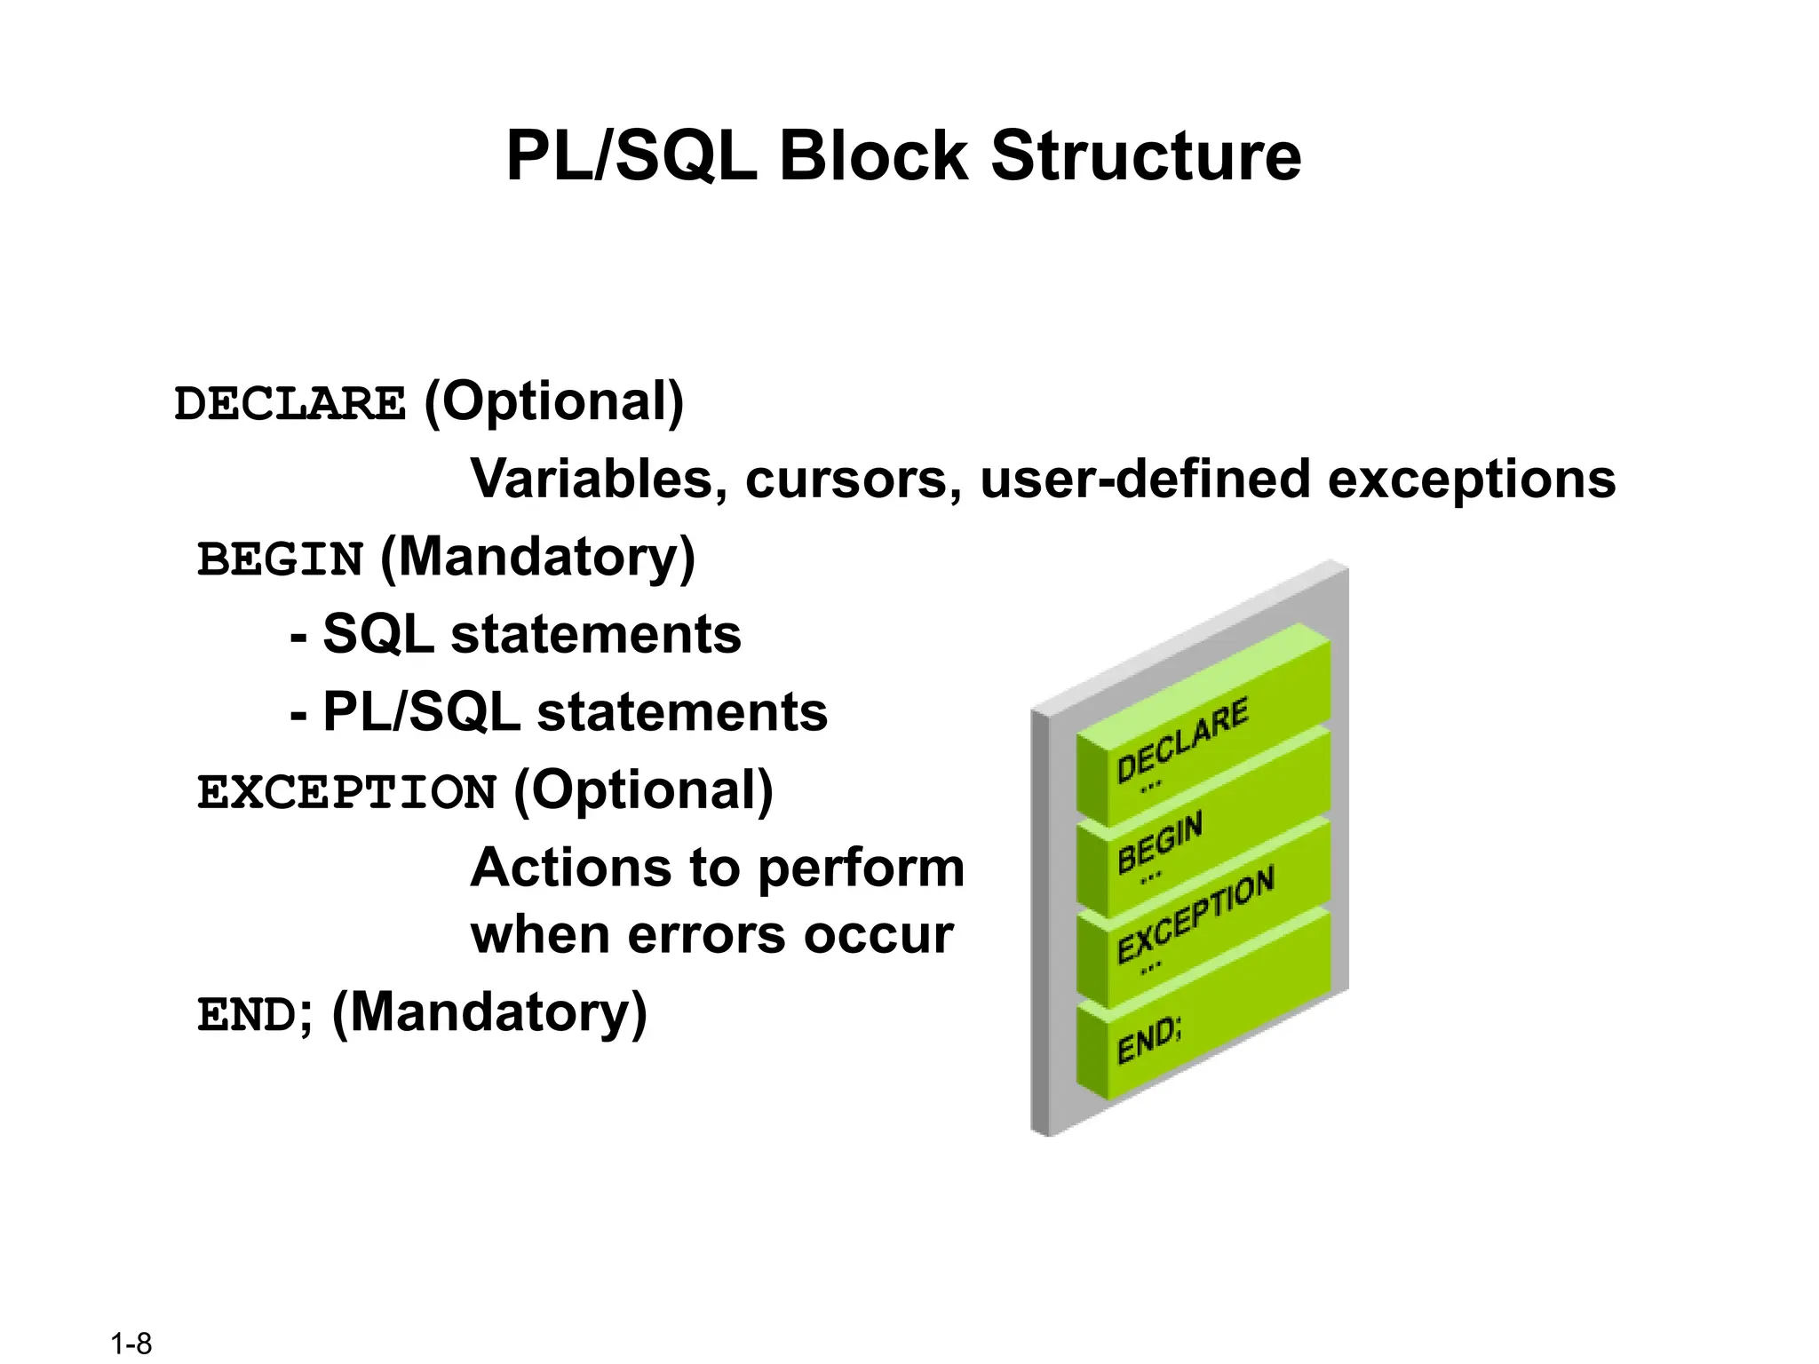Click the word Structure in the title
coord(1146,157)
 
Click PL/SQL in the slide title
coord(631,157)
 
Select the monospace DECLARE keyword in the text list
coord(290,404)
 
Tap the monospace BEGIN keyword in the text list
coord(280,560)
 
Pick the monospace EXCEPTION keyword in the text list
coord(346,792)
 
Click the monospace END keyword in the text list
coord(247,1015)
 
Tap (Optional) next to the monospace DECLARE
coord(554,401)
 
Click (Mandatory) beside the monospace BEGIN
coord(537,558)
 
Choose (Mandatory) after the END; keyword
coord(489,1012)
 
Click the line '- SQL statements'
coord(516,634)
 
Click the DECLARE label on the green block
coord(1182,740)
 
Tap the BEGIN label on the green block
coord(1160,841)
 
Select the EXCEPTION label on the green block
coord(1195,914)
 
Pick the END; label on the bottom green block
coord(1149,1039)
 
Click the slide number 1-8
coord(131,1344)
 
